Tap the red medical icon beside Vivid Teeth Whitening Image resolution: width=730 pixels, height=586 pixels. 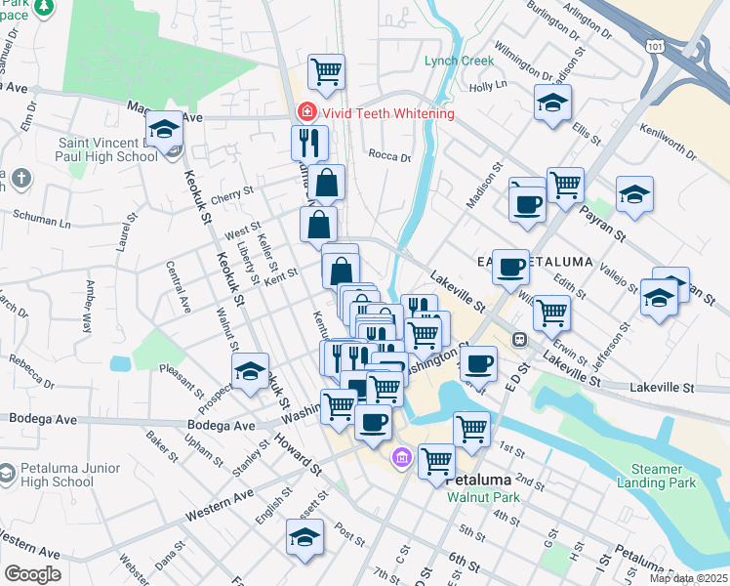click(305, 113)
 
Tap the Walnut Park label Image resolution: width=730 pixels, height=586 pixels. click(483, 497)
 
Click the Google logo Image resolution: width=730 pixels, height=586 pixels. click(32, 573)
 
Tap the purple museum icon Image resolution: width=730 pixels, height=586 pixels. click(401, 457)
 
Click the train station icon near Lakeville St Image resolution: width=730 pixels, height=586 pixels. click(521, 339)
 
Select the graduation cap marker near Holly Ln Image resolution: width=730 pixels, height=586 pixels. click(553, 102)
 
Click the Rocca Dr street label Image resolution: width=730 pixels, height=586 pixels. click(389, 155)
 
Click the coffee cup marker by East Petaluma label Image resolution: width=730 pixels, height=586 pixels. click(510, 268)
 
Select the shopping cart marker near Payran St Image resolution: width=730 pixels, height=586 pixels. click(565, 185)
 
